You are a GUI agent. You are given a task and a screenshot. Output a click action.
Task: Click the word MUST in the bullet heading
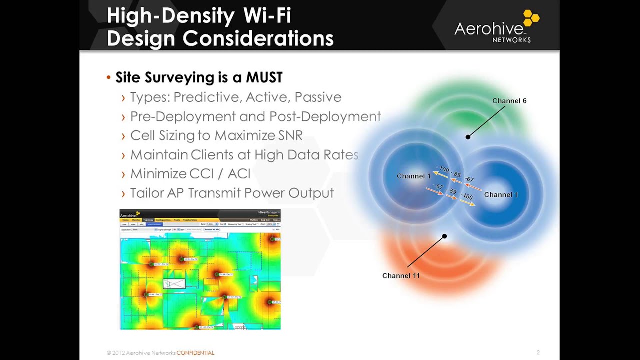pos(264,77)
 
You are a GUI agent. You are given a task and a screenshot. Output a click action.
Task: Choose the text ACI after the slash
pos(239,174)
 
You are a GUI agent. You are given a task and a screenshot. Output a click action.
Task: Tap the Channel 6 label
pos(509,101)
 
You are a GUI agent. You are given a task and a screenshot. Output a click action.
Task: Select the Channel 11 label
pos(401,276)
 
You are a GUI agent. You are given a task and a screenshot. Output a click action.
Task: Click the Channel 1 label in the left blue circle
pos(413,176)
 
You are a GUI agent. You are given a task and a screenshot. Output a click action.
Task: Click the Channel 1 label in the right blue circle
pos(501,195)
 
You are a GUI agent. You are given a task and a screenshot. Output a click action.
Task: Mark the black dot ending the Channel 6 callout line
pos(468,137)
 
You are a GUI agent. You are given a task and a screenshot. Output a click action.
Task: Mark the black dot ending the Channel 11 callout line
pos(444,236)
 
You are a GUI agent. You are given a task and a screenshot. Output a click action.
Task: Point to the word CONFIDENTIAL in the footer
pos(195,353)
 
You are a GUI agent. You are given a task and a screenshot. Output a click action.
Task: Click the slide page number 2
pos(538,352)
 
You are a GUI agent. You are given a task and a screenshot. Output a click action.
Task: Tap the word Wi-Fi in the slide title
pos(267,15)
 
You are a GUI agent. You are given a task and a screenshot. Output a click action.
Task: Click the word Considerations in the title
pos(258,38)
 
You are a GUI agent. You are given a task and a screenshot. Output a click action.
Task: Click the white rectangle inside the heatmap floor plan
pos(174,284)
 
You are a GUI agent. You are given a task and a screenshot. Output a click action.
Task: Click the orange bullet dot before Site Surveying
pos(108,78)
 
